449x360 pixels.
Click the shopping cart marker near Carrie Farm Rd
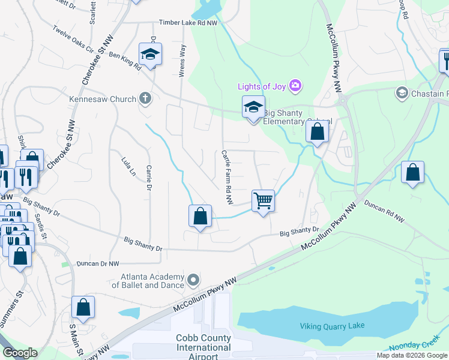click(x=263, y=201)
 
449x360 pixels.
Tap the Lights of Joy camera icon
click(x=295, y=86)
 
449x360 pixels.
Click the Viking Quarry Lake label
click(x=332, y=326)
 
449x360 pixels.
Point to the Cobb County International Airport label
click(x=203, y=347)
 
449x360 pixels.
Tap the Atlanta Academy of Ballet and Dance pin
click(x=193, y=280)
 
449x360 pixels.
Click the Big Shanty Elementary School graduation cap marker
click(x=253, y=108)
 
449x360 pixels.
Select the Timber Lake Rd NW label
click(x=188, y=23)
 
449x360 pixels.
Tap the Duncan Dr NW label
click(x=98, y=263)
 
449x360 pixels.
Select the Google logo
click(x=19, y=353)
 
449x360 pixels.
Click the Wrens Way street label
click(x=182, y=62)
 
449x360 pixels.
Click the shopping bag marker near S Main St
click(x=83, y=307)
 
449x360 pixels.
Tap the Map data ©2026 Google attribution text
click(x=412, y=355)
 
